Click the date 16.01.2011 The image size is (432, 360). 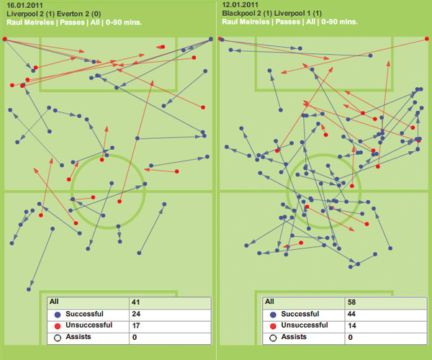(24, 4)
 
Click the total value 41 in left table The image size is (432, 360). (135, 302)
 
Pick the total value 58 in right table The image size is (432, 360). (352, 302)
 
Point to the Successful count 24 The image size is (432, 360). (135, 314)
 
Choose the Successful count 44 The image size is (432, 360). (352, 314)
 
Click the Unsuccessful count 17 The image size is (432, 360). (135, 325)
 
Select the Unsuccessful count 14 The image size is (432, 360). (352, 325)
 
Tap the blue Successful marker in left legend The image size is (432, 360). (55, 314)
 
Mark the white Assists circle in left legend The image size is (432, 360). (55, 337)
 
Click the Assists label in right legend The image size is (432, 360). (293, 337)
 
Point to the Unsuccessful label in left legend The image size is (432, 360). (88, 325)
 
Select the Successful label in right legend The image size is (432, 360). (300, 314)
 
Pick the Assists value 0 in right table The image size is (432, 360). (350, 337)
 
